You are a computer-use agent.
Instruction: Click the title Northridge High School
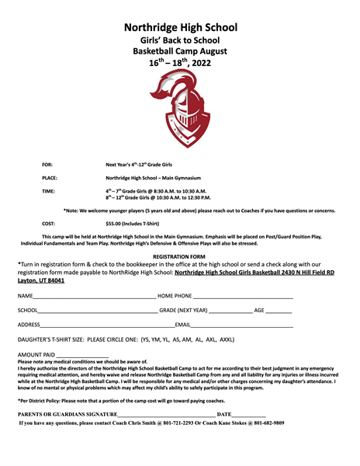(x=180, y=27)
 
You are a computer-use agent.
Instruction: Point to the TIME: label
(x=48, y=190)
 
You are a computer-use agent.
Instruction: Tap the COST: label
(x=48, y=224)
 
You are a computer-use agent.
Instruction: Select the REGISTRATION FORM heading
(x=179, y=256)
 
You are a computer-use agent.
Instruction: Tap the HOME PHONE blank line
(x=243, y=297)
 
